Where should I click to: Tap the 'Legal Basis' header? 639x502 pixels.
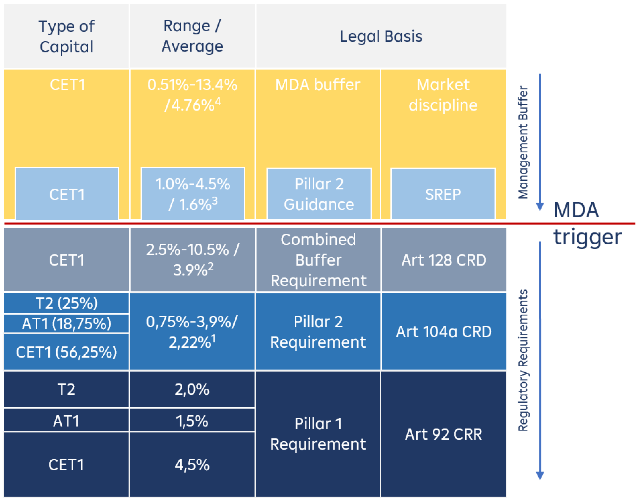coord(381,36)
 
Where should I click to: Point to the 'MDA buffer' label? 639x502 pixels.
coord(317,85)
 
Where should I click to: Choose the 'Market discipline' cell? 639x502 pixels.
coord(443,95)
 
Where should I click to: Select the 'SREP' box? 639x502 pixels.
coord(443,194)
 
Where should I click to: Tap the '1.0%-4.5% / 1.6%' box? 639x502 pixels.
coord(193,194)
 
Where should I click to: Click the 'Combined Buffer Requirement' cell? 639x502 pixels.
coord(318,260)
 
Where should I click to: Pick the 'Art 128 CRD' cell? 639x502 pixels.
coord(444,260)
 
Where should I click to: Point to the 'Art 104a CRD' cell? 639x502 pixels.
coord(444,331)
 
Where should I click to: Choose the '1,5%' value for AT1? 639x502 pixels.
coord(192,421)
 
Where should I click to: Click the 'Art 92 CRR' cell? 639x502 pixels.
coord(443,434)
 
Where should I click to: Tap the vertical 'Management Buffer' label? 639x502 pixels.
coord(523,142)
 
